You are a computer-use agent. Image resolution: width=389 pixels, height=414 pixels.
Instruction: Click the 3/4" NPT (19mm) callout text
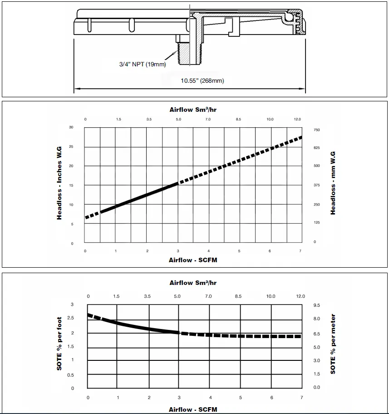[143, 64]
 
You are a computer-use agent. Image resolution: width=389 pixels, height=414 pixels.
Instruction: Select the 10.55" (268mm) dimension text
[202, 80]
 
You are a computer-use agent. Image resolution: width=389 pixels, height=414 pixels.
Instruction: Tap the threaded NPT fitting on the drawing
[184, 53]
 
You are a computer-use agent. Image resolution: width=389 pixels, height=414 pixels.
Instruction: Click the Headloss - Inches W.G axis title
[59, 183]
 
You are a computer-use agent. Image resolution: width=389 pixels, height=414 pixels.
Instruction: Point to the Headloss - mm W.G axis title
[333, 183]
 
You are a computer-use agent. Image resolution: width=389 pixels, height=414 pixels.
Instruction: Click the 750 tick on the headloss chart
[316, 130]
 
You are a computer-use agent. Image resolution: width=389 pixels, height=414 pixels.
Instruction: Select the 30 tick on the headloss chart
[71, 127]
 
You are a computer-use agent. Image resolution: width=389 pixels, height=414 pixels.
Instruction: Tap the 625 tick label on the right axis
[316, 148]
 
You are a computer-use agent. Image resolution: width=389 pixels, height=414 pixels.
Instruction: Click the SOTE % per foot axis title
[59, 344]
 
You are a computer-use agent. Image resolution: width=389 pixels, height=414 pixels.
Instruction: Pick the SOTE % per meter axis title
[333, 344]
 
